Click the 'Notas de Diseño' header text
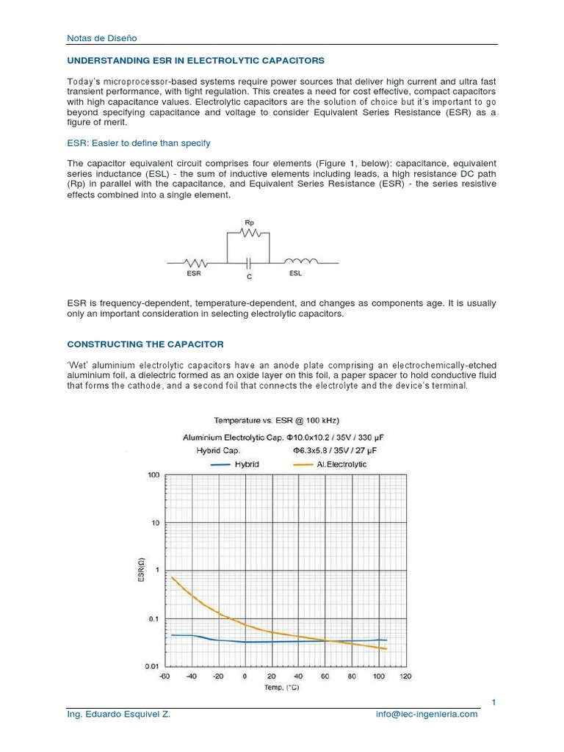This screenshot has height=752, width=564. pos(101,37)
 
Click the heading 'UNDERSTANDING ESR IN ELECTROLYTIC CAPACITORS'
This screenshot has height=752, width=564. pos(195,60)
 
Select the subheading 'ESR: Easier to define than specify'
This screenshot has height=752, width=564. pos(139,142)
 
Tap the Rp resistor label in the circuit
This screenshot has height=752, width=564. pos(248,221)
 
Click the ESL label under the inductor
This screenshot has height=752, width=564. pos(295,273)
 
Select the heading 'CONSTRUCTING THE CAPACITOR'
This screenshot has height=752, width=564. pos(145,344)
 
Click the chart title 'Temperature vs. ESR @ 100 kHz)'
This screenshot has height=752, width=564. pos(276,420)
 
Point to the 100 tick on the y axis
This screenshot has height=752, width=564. pos(153,475)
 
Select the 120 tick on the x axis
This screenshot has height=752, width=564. pos(405,676)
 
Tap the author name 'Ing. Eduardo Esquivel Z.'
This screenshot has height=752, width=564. pos(118,714)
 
